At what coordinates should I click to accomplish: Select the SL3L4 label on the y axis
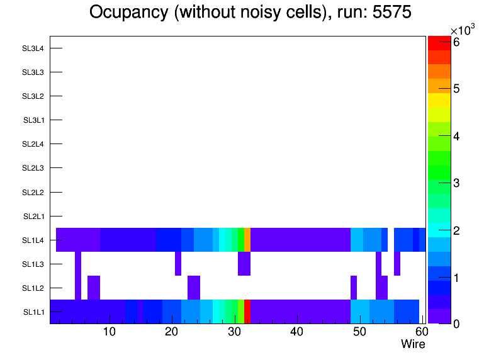tap(33, 48)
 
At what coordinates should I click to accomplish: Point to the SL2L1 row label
tap(33, 216)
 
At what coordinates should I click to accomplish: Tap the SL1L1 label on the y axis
tap(33, 312)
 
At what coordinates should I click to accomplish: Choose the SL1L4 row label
tap(33, 240)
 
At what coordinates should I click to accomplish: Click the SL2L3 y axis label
tap(33, 168)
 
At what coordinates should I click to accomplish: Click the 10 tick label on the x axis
tap(110, 332)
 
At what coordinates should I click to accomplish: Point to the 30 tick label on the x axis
tap(235, 332)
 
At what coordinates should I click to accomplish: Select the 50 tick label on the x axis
tap(359, 332)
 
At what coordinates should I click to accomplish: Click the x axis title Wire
tap(413, 344)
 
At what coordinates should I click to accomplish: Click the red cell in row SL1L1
tap(247, 312)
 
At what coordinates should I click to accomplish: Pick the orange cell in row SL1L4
tap(247, 240)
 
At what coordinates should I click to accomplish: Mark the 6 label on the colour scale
tap(456, 42)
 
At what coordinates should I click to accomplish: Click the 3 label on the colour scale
tap(456, 183)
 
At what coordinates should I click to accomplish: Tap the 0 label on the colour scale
tap(456, 323)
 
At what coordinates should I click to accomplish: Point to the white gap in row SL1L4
tap(391, 240)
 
